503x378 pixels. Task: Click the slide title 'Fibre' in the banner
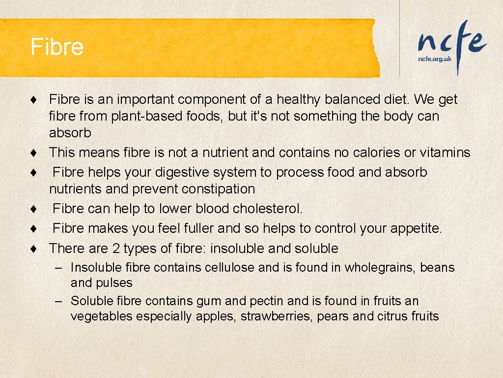pyautogui.click(x=57, y=47)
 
